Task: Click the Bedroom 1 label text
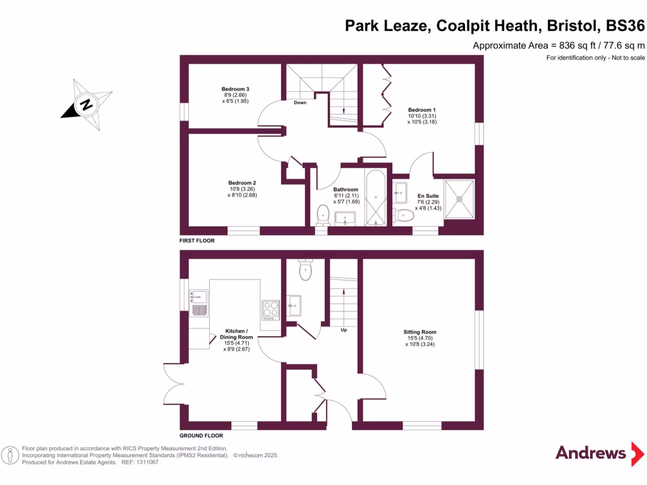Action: [421, 110]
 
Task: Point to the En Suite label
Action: [426, 196]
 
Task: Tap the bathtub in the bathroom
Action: [377, 198]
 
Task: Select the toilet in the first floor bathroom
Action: [323, 213]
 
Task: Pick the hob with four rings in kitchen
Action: [271, 309]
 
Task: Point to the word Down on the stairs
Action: [300, 102]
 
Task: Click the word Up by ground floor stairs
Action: [344, 330]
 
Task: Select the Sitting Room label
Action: [420, 332]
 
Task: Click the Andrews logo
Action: [591, 452]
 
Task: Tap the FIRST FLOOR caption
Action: [197, 241]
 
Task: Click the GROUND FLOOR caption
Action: [201, 436]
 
